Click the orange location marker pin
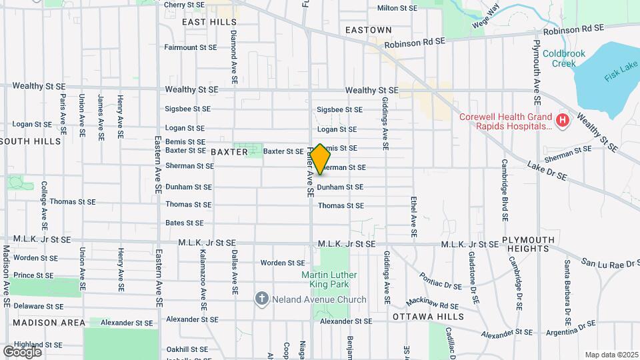point(320,159)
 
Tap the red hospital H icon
point(563,121)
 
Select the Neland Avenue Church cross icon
point(262,299)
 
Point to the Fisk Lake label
point(619,72)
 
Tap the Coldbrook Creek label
point(563,59)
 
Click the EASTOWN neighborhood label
point(369,30)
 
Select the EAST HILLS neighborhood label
point(200,22)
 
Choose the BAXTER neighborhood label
point(229,152)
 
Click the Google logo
point(22,351)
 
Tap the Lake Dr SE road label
point(547,171)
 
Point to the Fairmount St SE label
point(191,47)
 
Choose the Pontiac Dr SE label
point(440,281)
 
